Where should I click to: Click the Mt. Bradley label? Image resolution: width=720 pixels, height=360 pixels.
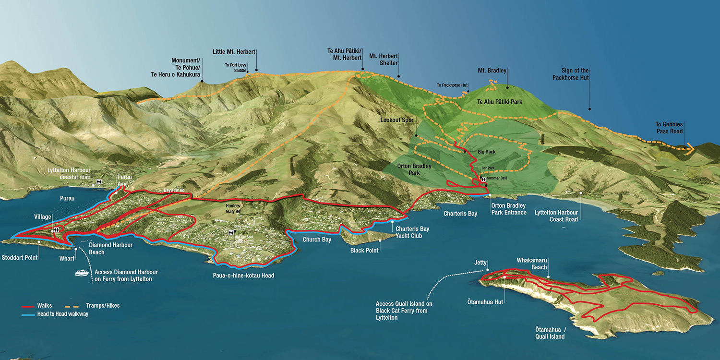coord(492,71)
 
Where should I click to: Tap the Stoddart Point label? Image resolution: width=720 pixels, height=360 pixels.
coord(19,258)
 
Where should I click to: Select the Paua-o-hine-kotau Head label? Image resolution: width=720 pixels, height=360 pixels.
coord(243,276)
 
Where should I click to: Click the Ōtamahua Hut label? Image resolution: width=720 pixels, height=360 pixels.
coord(485,302)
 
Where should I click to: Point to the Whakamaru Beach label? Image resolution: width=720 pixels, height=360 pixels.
coord(531,264)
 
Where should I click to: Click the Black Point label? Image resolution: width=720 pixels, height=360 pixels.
coord(364,251)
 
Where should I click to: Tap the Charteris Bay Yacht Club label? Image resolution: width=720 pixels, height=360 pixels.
coord(412,232)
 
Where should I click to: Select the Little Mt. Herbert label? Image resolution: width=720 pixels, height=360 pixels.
coord(234,52)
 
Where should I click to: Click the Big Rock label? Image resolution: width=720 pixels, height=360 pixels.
coord(486,152)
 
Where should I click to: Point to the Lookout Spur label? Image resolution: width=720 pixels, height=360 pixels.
coord(396,120)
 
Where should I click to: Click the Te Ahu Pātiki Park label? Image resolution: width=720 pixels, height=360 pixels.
coord(500,102)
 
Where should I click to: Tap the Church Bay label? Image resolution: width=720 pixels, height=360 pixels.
coord(317,240)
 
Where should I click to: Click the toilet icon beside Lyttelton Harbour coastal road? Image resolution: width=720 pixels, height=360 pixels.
coord(99,182)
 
